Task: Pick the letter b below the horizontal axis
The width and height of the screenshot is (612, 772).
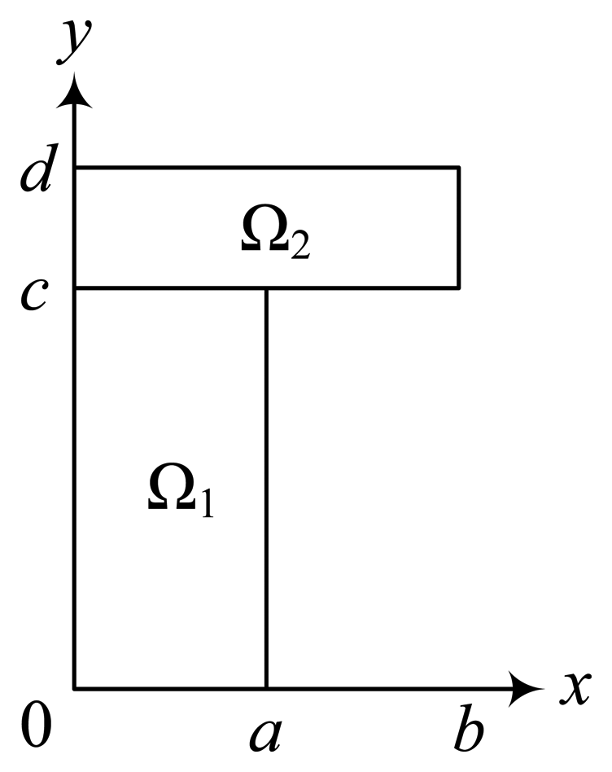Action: (x=467, y=726)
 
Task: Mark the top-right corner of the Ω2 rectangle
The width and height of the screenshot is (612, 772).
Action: (x=459, y=168)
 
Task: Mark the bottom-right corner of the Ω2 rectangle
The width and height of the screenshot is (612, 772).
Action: (x=459, y=287)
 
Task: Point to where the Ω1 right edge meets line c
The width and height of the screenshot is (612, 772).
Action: (x=266, y=287)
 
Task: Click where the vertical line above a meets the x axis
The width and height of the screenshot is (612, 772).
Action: (x=266, y=690)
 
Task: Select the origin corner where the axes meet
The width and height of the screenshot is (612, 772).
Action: (x=75, y=690)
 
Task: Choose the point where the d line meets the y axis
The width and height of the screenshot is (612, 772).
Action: (x=75, y=168)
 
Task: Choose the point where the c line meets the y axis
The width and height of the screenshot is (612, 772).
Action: (x=75, y=287)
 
